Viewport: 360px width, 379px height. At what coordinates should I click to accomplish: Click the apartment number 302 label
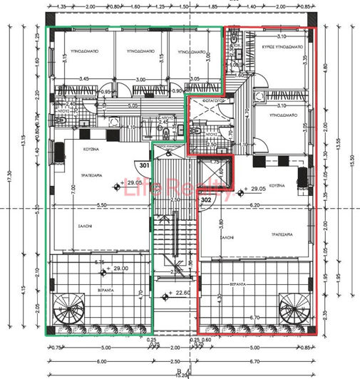tap(207, 201)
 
